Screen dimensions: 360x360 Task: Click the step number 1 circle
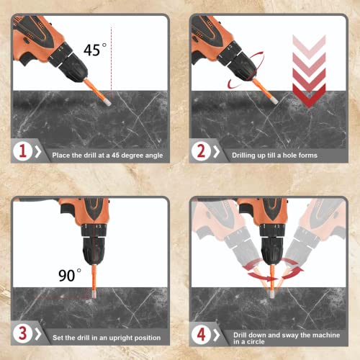click(22, 153)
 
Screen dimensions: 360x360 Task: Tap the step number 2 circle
click(201, 153)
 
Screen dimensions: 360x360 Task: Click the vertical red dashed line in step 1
click(112, 58)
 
